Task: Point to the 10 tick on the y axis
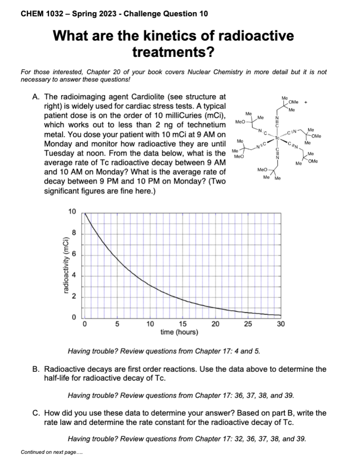[72, 212]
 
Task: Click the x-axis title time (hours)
[179, 332]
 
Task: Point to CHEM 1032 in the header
[44, 14]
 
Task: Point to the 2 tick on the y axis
[74, 297]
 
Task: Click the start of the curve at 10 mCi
[84, 213]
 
